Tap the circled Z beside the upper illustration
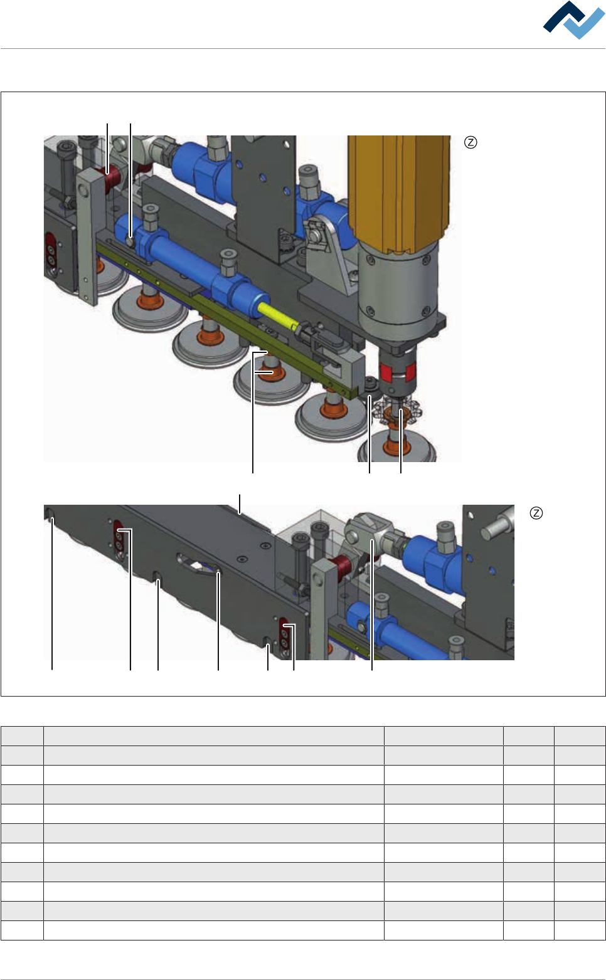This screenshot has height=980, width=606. tap(470, 142)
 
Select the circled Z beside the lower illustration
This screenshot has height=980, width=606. tap(536, 513)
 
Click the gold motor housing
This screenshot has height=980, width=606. tap(399, 192)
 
